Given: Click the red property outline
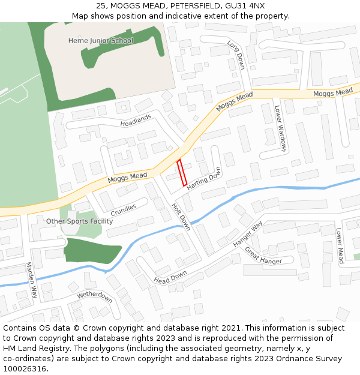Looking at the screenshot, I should [182, 173].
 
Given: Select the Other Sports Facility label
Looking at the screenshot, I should [80, 221].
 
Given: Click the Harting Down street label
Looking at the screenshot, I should [204, 179].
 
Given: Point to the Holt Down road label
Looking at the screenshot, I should [181, 216].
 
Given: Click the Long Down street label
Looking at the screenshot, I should [236, 54].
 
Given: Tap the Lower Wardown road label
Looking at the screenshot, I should [281, 128].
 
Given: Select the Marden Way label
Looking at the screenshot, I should [31, 280].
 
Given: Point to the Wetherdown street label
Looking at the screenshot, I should [94, 296].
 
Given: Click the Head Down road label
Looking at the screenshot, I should [170, 277].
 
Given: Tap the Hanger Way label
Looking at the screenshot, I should [248, 235].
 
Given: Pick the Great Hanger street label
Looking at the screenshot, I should [263, 256].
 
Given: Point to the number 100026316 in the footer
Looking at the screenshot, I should [25, 369].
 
